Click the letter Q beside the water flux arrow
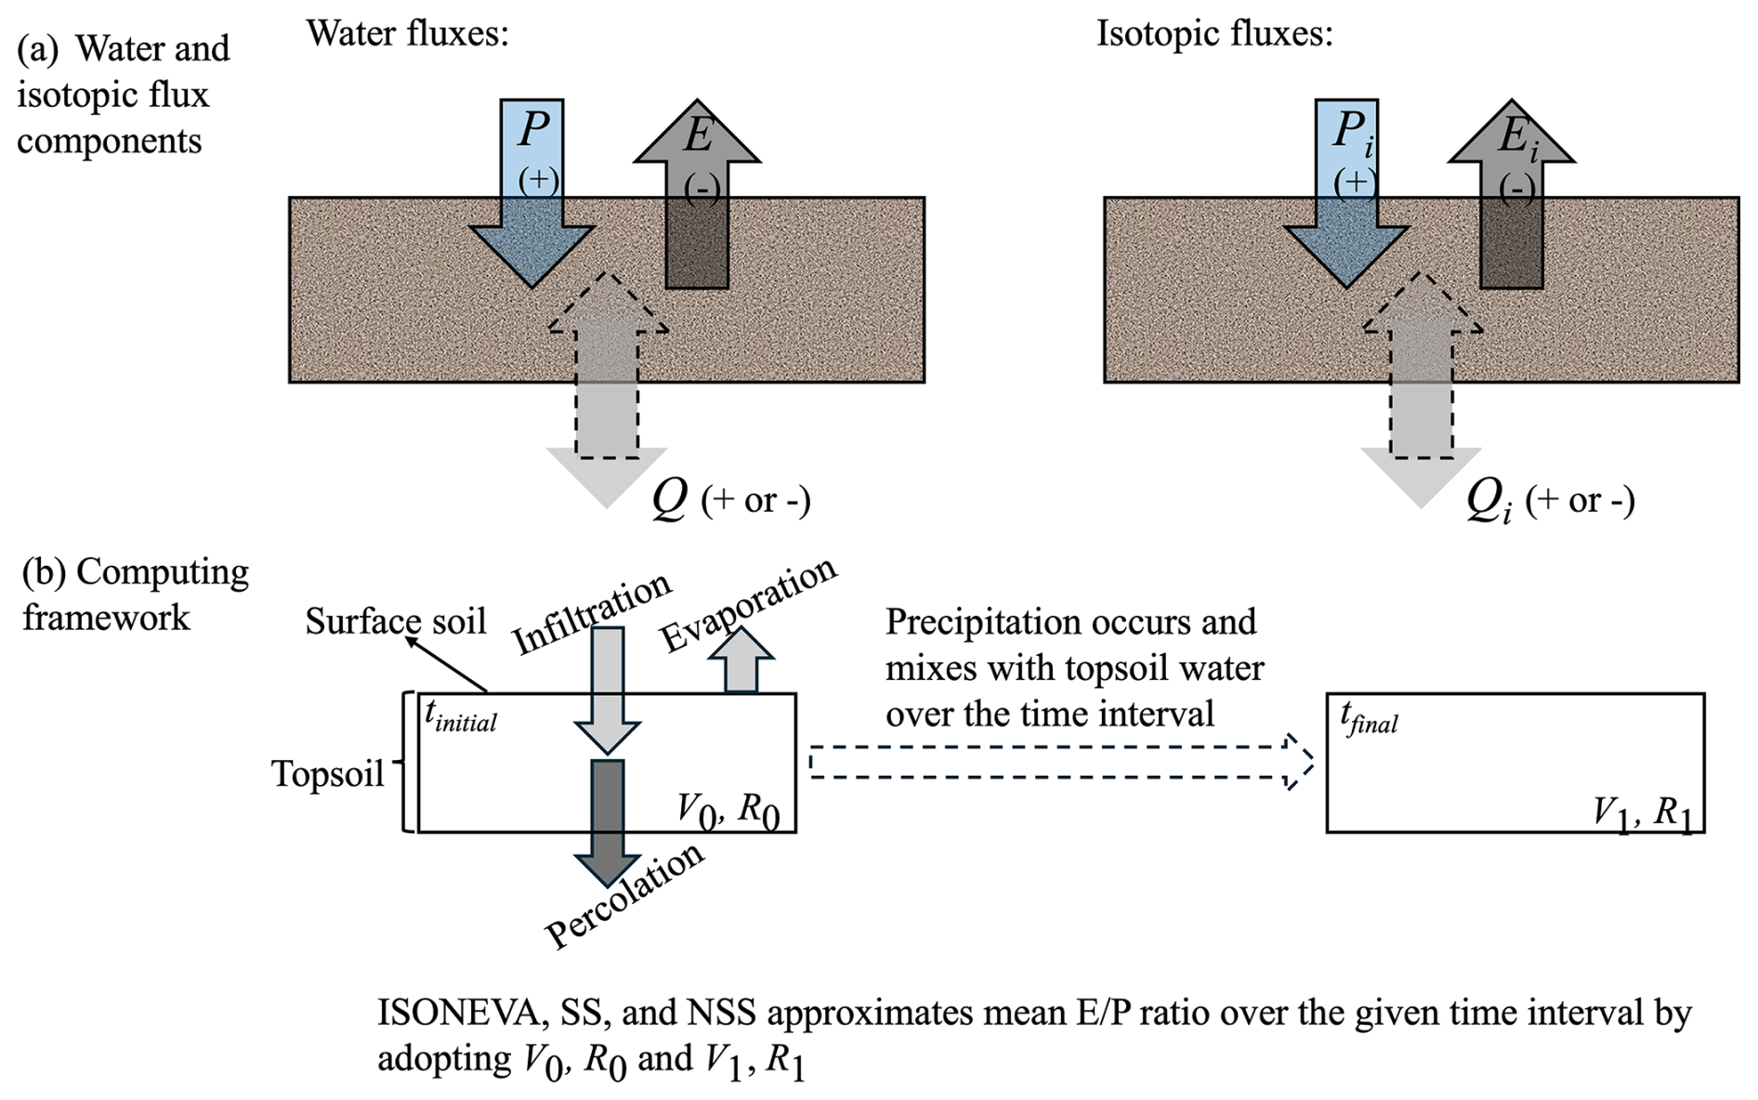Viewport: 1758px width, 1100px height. pyautogui.click(x=670, y=499)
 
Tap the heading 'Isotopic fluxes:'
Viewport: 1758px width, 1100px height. pyautogui.click(x=1214, y=34)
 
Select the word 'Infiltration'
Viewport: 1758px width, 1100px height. pyautogui.click(x=592, y=612)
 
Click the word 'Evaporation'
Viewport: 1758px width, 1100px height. pyautogui.click(x=748, y=605)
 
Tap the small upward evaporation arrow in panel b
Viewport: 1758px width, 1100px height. pyautogui.click(x=741, y=661)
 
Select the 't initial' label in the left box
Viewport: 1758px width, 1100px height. pyautogui.click(x=460, y=716)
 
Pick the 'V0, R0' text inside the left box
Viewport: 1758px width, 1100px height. pyautogui.click(x=728, y=811)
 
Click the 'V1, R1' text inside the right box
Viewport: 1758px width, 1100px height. pyautogui.click(x=1642, y=813)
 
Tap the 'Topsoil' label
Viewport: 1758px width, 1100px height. pyautogui.click(x=328, y=773)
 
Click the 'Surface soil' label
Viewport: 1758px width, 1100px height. pyautogui.click(x=395, y=621)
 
